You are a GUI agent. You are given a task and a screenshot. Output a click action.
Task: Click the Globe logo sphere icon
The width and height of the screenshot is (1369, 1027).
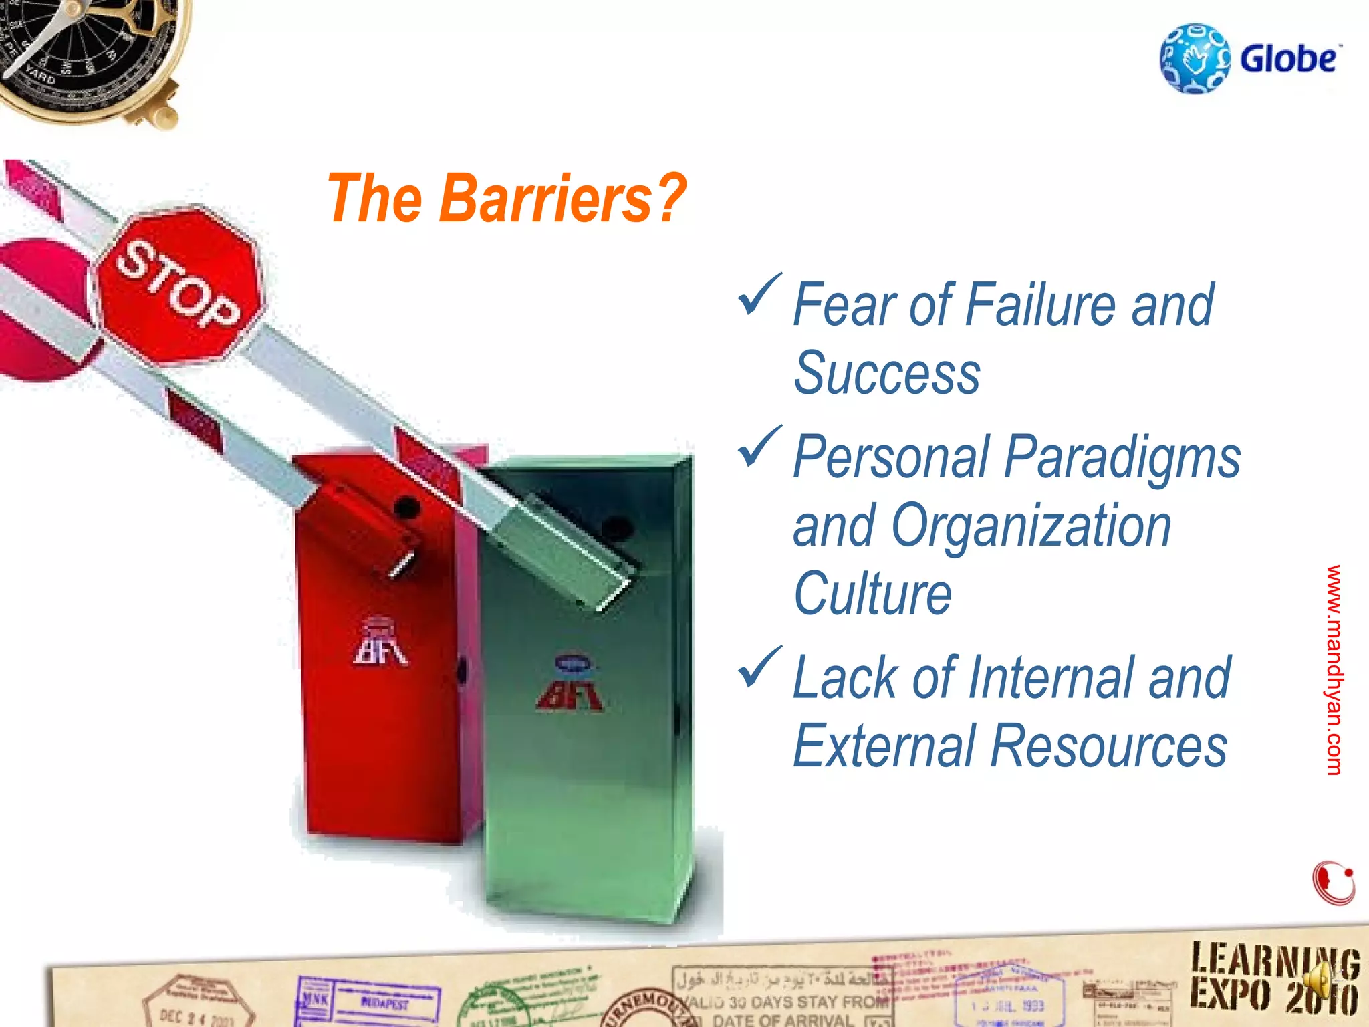1194,59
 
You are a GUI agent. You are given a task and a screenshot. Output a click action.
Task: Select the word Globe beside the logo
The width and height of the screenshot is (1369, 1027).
1289,59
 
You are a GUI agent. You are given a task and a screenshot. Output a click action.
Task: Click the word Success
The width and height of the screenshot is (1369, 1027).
886,374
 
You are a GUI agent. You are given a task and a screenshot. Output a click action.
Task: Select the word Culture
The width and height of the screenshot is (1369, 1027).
872,594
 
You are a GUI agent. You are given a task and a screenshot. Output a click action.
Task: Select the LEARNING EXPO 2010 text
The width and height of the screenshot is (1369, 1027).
1273,979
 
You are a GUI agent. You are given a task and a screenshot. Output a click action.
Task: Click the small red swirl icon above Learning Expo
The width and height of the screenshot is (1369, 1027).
1333,883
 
